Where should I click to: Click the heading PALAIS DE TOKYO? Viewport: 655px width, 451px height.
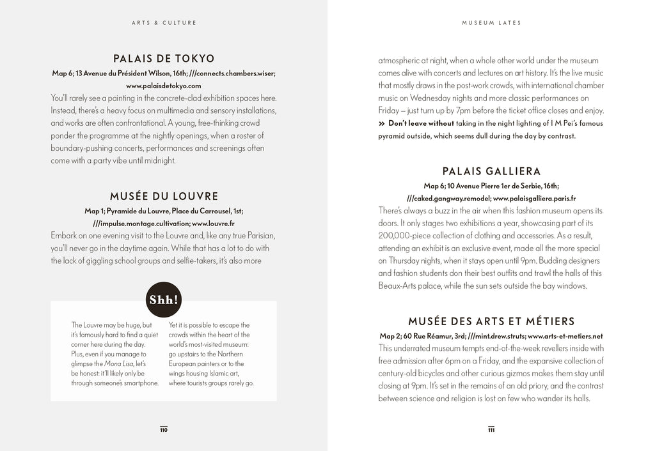(x=164, y=59)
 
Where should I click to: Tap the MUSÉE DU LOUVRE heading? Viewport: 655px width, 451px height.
(x=164, y=196)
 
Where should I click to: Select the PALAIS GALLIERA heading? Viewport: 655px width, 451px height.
(x=491, y=171)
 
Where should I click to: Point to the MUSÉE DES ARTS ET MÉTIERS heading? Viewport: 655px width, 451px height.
(x=491, y=321)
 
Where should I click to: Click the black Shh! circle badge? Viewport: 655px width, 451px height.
(x=164, y=298)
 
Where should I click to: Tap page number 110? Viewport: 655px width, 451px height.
(x=164, y=430)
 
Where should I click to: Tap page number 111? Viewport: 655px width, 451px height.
(x=491, y=430)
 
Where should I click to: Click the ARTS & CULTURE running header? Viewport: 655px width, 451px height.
(x=164, y=23)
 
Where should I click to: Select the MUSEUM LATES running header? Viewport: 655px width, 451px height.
(x=491, y=23)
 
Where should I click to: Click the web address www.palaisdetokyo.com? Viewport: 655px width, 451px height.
(x=164, y=86)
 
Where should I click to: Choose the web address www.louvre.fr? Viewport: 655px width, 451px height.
(x=213, y=224)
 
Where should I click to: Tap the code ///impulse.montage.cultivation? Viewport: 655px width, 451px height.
(x=141, y=224)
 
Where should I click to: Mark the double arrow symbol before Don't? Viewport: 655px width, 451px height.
(x=382, y=123)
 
